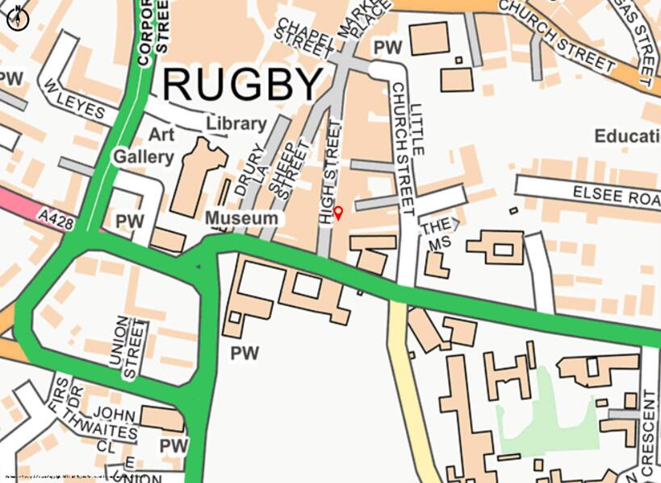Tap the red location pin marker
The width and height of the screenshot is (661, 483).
tap(339, 213)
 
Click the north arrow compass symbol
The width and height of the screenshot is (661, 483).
tap(18, 18)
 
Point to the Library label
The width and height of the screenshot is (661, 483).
tap(236, 124)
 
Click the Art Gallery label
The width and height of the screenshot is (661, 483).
tap(143, 145)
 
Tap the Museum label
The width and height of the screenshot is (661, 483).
tap(241, 218)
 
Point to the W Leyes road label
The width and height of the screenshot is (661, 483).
tap(74, 99)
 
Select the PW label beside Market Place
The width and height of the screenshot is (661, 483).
tap(388, 49)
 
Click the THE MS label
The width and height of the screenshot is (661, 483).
tap(437, 233)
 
